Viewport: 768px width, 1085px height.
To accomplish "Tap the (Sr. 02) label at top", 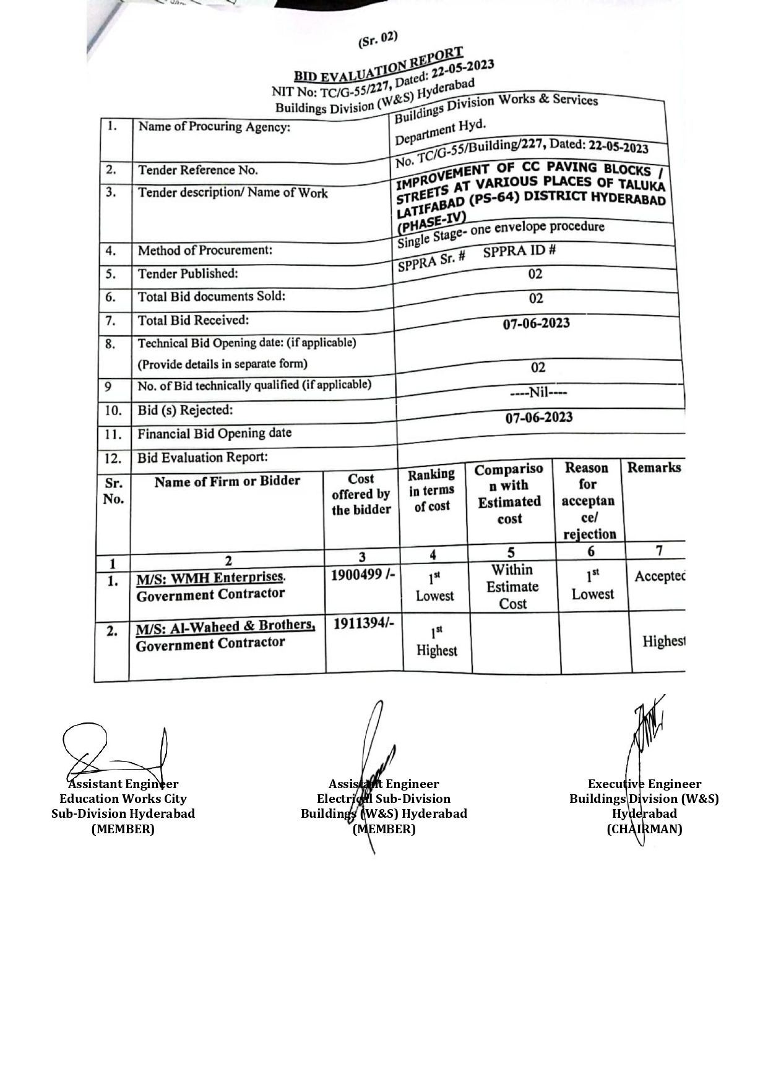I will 378,40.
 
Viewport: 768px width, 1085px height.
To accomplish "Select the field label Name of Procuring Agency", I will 214,127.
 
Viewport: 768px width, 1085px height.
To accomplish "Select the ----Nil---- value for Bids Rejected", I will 538,392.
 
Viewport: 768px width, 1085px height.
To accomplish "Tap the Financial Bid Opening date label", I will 214,434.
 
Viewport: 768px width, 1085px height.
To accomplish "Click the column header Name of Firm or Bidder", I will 227,481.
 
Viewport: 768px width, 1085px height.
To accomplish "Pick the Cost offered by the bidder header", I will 361,494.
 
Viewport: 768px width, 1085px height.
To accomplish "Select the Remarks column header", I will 654,468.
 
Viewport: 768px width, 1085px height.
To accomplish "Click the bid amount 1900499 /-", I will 362,575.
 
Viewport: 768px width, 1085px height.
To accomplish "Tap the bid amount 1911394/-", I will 363,624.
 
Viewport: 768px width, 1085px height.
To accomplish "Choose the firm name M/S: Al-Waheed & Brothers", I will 225,627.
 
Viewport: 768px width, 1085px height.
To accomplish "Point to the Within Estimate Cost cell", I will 512,586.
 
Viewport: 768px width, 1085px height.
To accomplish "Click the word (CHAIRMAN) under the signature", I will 644,829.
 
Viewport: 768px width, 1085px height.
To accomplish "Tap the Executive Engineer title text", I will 644,784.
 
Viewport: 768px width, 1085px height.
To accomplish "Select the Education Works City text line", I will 123,799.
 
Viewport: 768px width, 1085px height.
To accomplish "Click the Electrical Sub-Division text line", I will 384,799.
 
